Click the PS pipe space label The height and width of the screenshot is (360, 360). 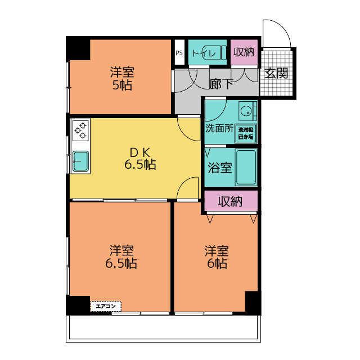point(179,53)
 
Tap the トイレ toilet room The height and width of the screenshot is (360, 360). point(208,52)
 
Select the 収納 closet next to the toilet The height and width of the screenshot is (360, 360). point(244,52)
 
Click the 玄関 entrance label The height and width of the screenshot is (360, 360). point(276,73)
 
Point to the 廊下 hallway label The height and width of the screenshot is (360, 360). point(221,84)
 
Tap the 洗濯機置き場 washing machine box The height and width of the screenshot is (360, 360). point(246,133)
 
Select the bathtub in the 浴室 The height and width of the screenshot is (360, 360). point(246,167)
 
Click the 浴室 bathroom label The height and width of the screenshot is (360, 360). point(220,168)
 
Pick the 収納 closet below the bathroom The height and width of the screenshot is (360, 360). point(231,201)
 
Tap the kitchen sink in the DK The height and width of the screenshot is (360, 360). point(80,161)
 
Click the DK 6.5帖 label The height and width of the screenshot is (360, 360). point(140,159)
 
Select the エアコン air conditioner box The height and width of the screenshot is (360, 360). point(106,306)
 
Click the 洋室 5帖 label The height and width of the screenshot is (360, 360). point(122,79)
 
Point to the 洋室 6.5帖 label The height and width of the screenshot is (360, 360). point(121,256)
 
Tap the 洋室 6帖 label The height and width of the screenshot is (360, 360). point(217,256)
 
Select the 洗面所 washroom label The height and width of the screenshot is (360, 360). point(219,128)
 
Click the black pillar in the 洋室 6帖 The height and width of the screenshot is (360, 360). point(253,303)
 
